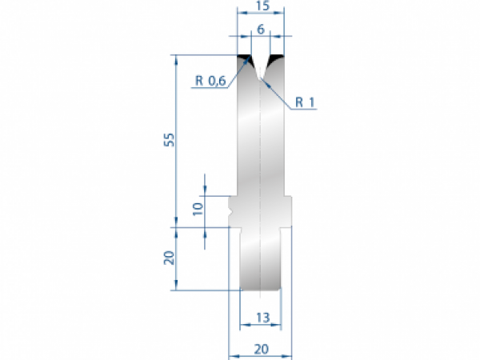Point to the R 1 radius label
tap(305, 102)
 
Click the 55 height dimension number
tap(168, 140)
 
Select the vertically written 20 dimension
tap(168, 258)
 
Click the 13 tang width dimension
tap(261, 317)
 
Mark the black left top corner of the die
tap(244, 59)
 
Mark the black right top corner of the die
tap(279, 59)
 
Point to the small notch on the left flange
tap(232, 213)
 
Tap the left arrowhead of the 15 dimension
tap(241, 14)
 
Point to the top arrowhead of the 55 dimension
tap(174, 57)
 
